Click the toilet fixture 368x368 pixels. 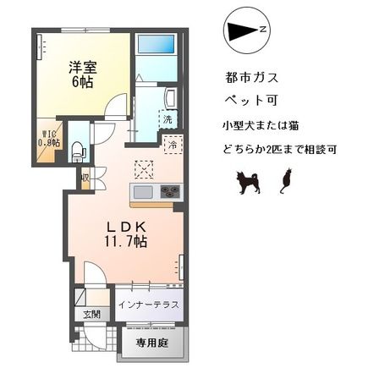[79, 151]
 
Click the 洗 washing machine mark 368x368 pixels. [168, 119]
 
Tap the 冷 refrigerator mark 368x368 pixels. [172, 145]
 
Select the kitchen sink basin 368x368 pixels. [141, 192]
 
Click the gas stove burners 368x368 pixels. [169, 192]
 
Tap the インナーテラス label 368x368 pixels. [148, 305]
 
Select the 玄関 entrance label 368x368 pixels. [91, 315]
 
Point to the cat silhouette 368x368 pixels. [285, 179]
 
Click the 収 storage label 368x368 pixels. [85, 178]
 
